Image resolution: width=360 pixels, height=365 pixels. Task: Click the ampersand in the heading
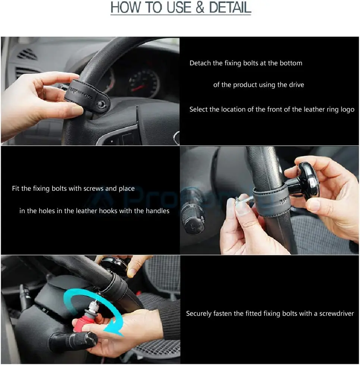[x=200, y=7]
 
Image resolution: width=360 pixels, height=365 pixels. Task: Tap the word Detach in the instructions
[x=200, y=63]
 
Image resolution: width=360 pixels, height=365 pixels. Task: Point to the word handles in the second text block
[x=157, y=211]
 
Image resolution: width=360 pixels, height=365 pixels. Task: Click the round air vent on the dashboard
[x=27, y=55]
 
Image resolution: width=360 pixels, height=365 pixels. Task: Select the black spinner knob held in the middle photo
[x=308, y=181]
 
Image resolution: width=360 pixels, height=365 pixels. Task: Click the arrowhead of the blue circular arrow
[x=111, y=328]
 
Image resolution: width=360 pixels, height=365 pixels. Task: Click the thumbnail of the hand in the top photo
[x=77, y=110]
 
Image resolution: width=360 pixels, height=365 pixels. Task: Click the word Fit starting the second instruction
[x=16, y=188]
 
